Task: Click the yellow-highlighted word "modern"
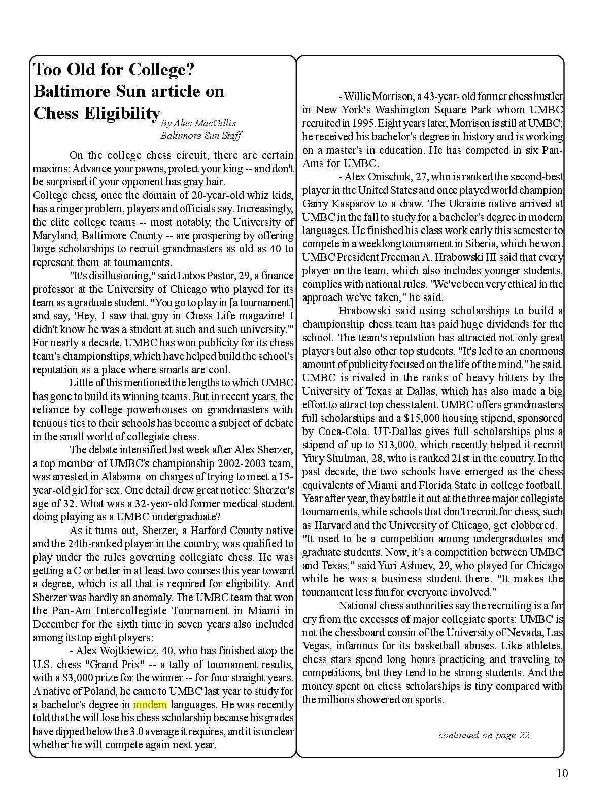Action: point(150,705)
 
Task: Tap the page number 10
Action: point(562,773)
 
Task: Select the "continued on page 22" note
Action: point(484,735)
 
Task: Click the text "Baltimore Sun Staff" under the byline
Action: point(201,136)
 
